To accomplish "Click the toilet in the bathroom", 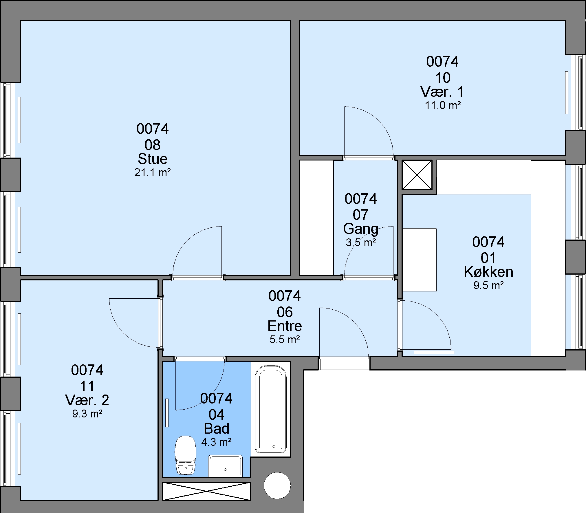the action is coord(185,455).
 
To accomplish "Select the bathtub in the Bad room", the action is coord(270,409).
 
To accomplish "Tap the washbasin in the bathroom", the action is coord(225,465).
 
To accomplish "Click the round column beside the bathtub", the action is coord(277,486).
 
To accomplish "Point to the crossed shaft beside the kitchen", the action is coord(417,175).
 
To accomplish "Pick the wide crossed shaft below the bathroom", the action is coord(206,491).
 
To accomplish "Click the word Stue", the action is coord(153,159).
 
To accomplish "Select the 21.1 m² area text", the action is coord(153,173).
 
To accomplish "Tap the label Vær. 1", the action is coord(442,92).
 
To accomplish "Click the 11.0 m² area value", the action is coord(443,105).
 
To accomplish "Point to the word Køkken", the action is coord(488,272).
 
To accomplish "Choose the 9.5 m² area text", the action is coord(488,286).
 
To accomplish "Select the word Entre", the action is coord(285,326).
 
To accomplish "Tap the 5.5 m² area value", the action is coord(285,339).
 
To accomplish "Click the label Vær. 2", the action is coord(87,400).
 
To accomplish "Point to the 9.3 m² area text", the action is coord(87,414).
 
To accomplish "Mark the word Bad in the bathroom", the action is coord(216,429).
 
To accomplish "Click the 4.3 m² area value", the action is coord(216,442).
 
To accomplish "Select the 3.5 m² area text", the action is coord(361,242).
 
